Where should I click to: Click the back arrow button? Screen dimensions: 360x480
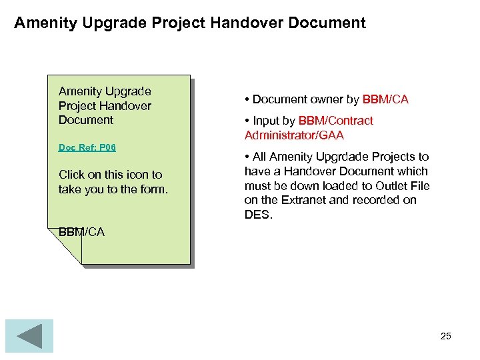[x=29, y=335]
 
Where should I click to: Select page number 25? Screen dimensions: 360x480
[x=446, y=336]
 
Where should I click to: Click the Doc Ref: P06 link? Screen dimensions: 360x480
[x=87, y=147]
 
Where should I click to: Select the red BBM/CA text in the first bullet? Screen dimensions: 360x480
[x=385, y=100]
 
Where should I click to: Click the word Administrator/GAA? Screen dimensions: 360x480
[x=294, y=135]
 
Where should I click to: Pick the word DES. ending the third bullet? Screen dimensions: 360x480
[x=259, y=215]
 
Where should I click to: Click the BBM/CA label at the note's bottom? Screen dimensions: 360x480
[x=81, y=232]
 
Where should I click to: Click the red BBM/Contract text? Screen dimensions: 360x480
[x=336, y=121]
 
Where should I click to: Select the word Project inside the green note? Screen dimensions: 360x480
[x=78, y=106]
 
